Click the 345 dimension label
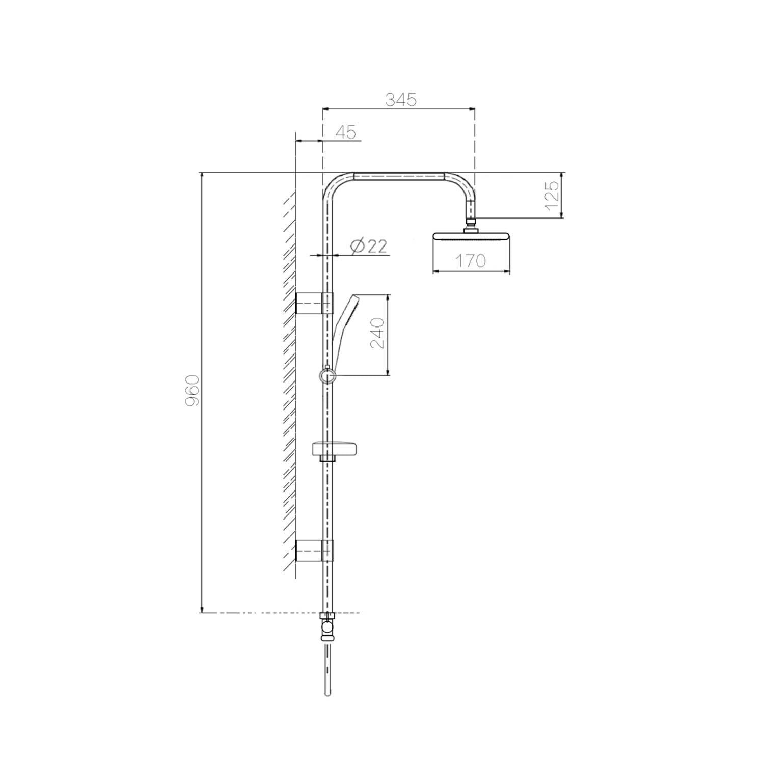[401, 100]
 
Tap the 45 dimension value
[346, 132]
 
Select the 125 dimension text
[552, 196]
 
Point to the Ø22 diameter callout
[369, 247]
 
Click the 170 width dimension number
[470, 261]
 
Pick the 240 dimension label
[377, 334]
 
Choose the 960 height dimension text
[192, 391]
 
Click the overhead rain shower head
[471, 237]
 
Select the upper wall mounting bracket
[314, 304]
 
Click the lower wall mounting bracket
[314, 550]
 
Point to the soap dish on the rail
[337, 449]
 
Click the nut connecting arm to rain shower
[471, 222]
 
